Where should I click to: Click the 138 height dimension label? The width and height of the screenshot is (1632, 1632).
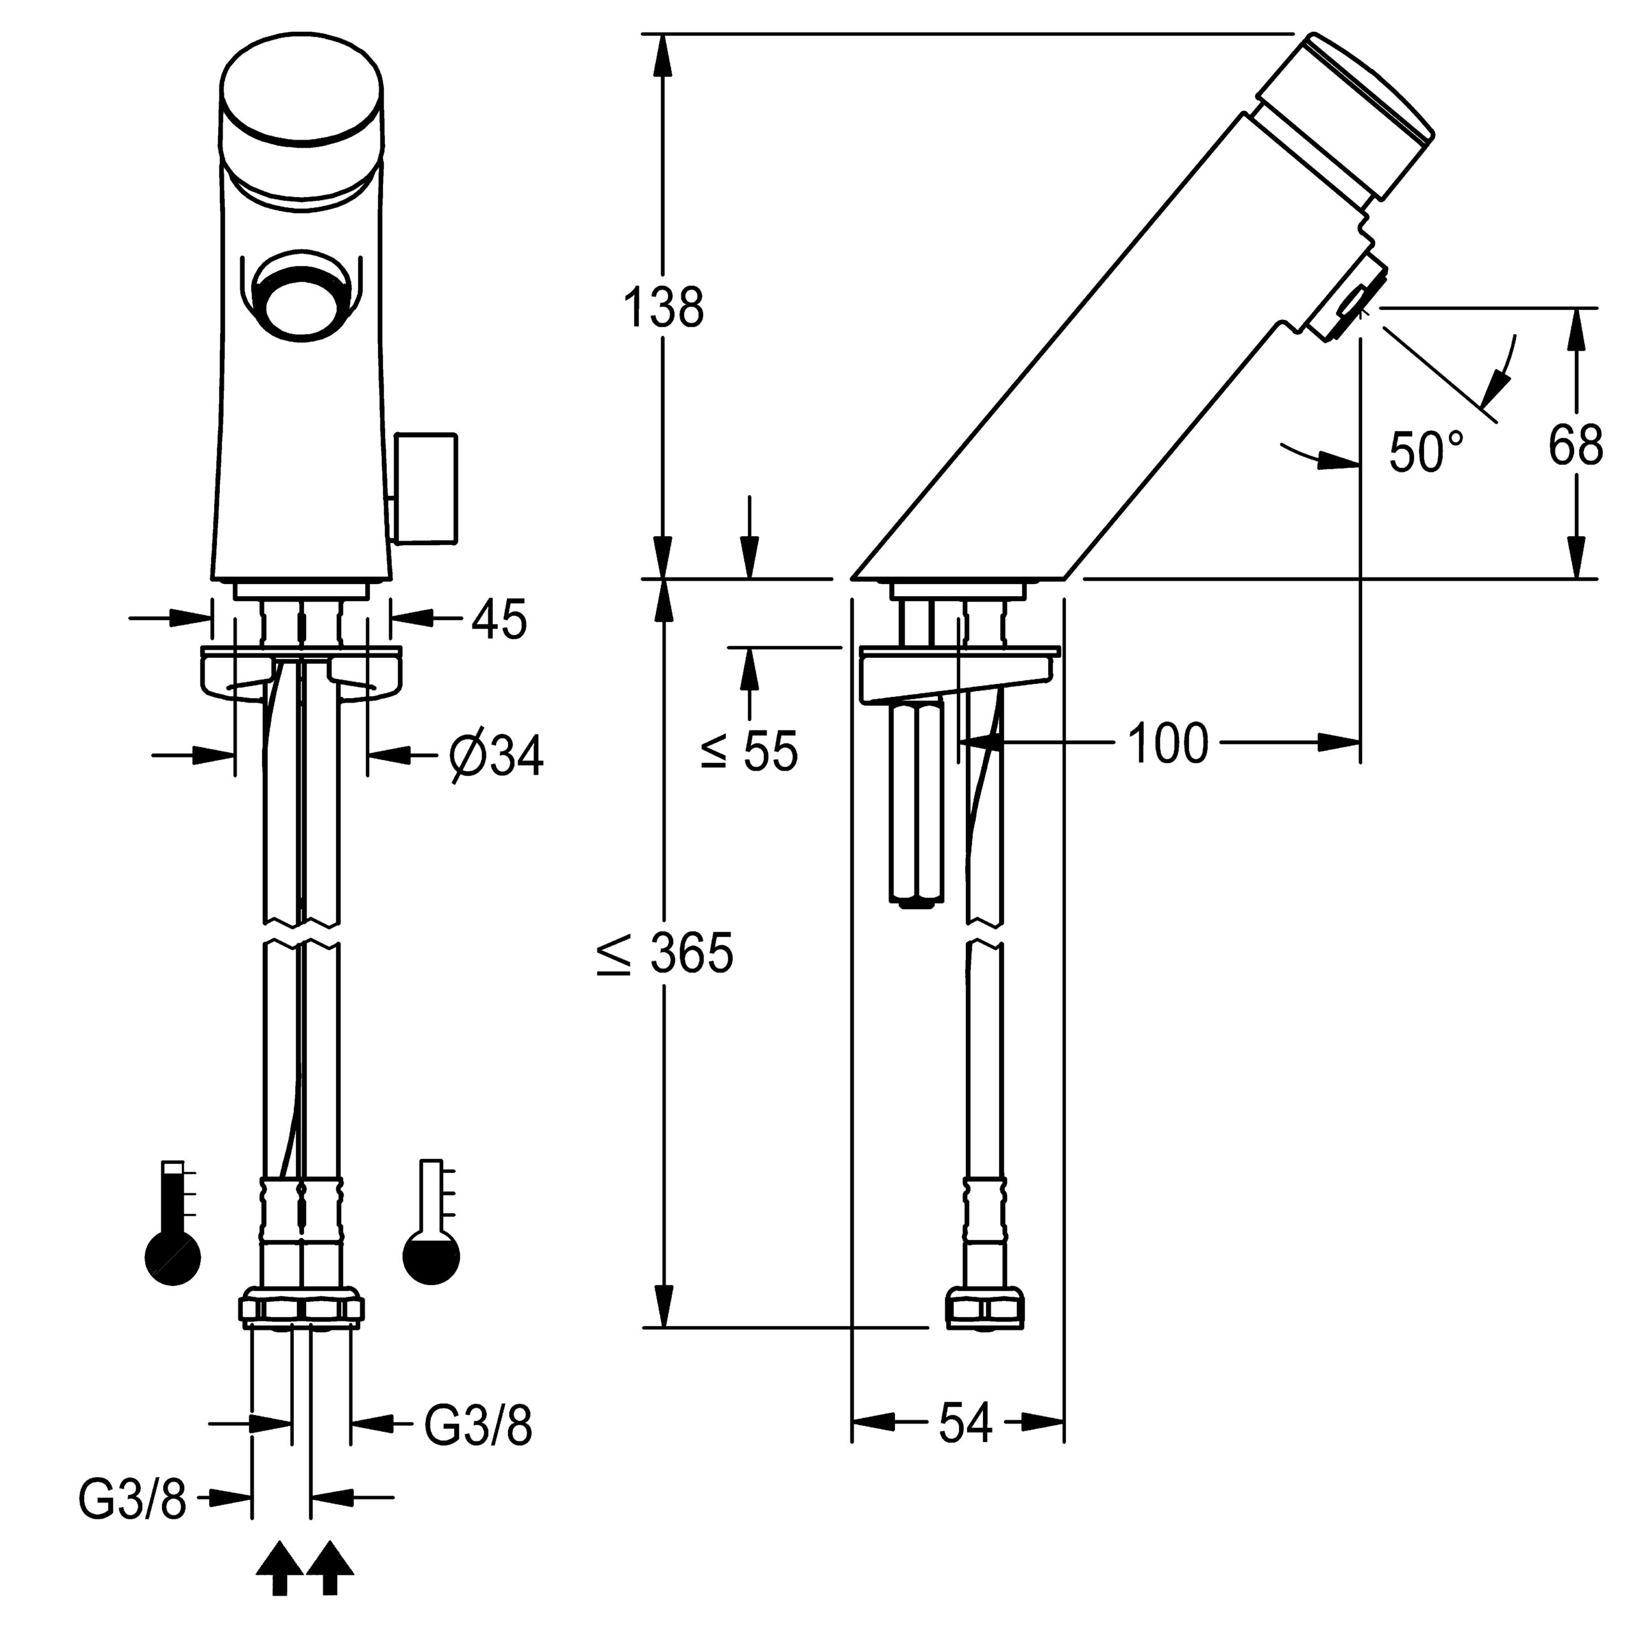click(x=663, y=307)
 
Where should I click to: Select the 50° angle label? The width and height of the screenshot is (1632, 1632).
click(x=1426, y=452)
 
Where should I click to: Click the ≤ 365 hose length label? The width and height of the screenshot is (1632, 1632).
click(x=666, y=954)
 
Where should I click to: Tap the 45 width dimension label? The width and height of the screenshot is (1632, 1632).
click(x=499, y=619)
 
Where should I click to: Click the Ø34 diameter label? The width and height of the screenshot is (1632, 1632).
click(x=497, y=754)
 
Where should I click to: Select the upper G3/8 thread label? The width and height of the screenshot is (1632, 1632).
click(x=478, y=1426)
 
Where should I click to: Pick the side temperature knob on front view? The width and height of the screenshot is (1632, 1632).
click(x=425, y=488)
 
